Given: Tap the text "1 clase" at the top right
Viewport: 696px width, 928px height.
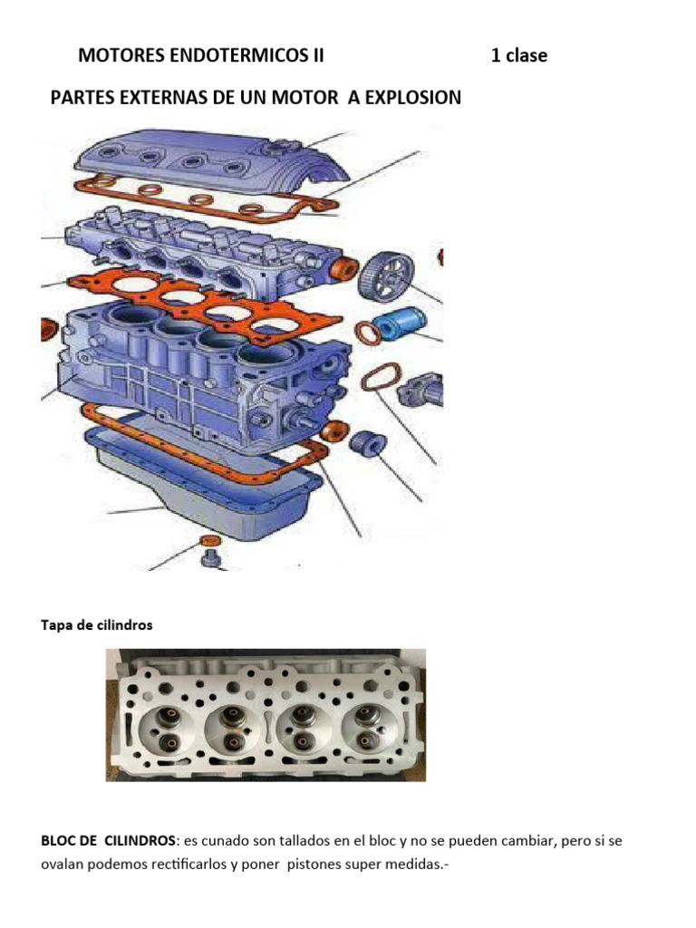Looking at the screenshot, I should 518,55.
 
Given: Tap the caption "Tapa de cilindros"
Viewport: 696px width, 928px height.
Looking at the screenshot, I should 97,625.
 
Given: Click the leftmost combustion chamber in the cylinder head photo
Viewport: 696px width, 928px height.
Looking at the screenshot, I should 164,725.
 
